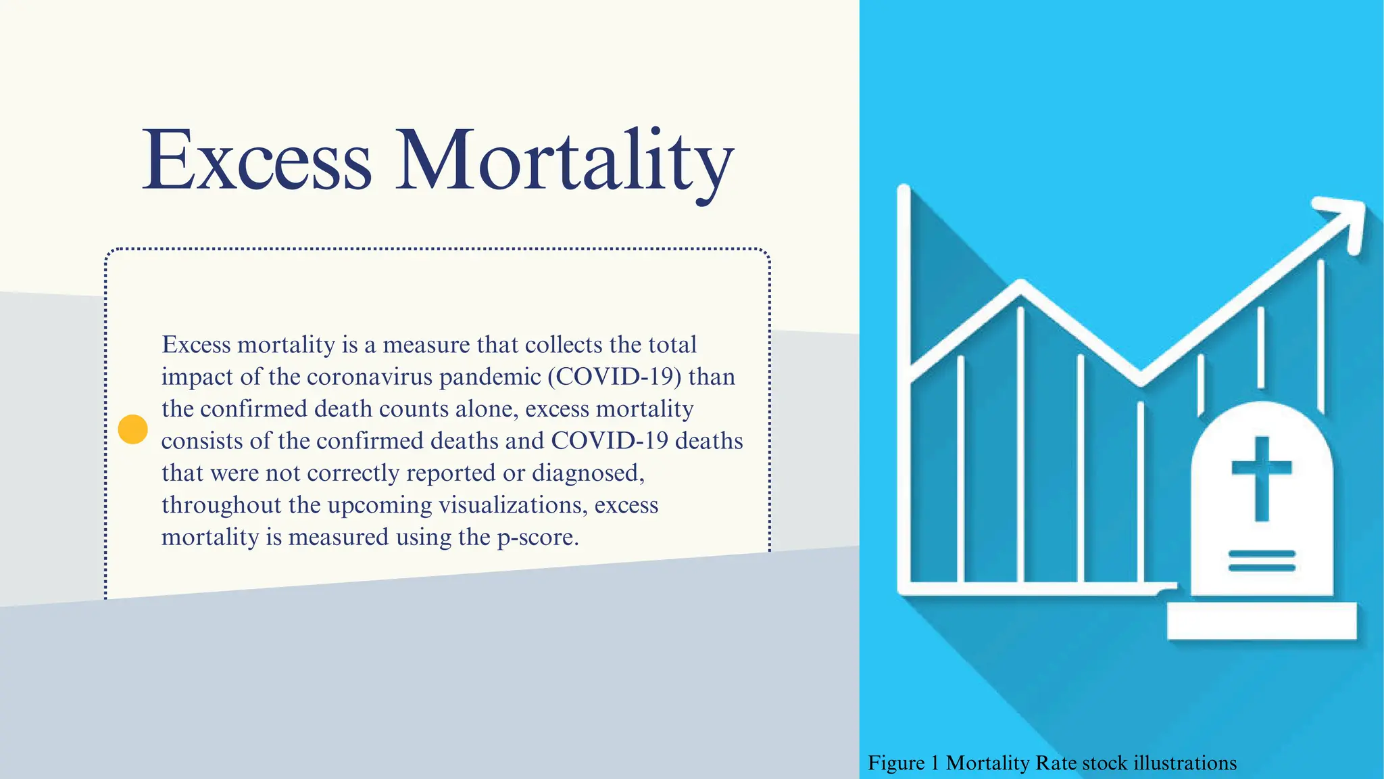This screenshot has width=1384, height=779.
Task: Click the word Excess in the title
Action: click(x=257, y=161)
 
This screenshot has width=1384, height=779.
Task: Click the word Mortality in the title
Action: click(x=564, y=161)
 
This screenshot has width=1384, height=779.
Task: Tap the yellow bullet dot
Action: click(x=132, y=429)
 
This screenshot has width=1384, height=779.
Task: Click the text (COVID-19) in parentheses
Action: click(x=614, y=377)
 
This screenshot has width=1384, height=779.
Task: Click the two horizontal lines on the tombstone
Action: click(x=1261, y=561)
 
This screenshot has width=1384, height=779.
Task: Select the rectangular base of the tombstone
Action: click(x=1261, y=621)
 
